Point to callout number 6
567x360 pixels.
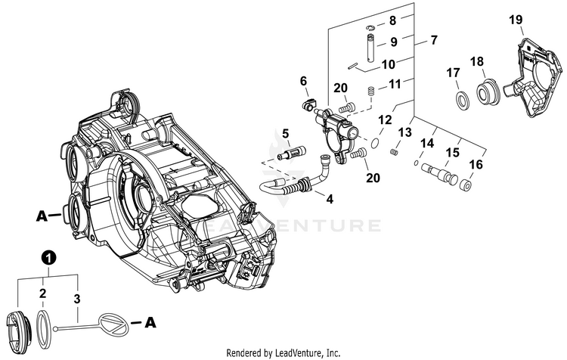(x=304, y=81)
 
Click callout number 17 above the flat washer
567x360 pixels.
(x=454, y=73)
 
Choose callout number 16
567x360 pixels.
(x=476, y=163)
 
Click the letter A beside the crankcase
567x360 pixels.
(x=42, y=216)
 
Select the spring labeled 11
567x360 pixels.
(x=371, y=92)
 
